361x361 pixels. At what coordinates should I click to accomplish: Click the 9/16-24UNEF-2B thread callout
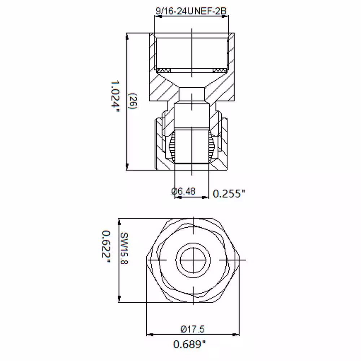click(x=191, y=11)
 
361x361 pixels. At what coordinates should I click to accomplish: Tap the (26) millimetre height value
click(x=133, y=101)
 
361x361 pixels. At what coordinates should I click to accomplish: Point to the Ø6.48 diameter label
click(x=183, y=191)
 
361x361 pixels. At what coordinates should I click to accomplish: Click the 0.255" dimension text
click(x=229, y=193)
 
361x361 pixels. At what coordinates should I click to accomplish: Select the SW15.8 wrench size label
click(x=124, y=248)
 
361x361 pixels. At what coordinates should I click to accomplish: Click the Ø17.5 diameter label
click(x=192, y=329)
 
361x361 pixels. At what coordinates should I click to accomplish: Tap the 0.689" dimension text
click(x=189, y=344)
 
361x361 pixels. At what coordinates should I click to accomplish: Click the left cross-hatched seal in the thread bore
click(x=164, y=70)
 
